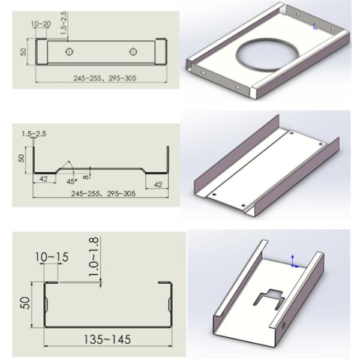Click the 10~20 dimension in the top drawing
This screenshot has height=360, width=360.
coord(41,24)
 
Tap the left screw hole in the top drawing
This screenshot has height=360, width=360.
coord(70,52)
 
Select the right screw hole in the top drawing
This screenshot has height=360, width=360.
coord(133,52)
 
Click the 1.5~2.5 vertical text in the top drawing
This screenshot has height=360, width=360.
coord(64,23)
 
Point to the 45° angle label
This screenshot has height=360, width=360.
coord(71,181)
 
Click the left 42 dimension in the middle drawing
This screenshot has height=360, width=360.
coord(43,179)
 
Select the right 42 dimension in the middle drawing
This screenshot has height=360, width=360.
coord(158,184)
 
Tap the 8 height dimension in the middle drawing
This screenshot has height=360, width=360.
coord(86,177)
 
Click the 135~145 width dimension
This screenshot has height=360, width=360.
coord(107,340)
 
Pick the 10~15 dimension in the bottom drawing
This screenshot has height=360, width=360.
coord(52,257)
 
